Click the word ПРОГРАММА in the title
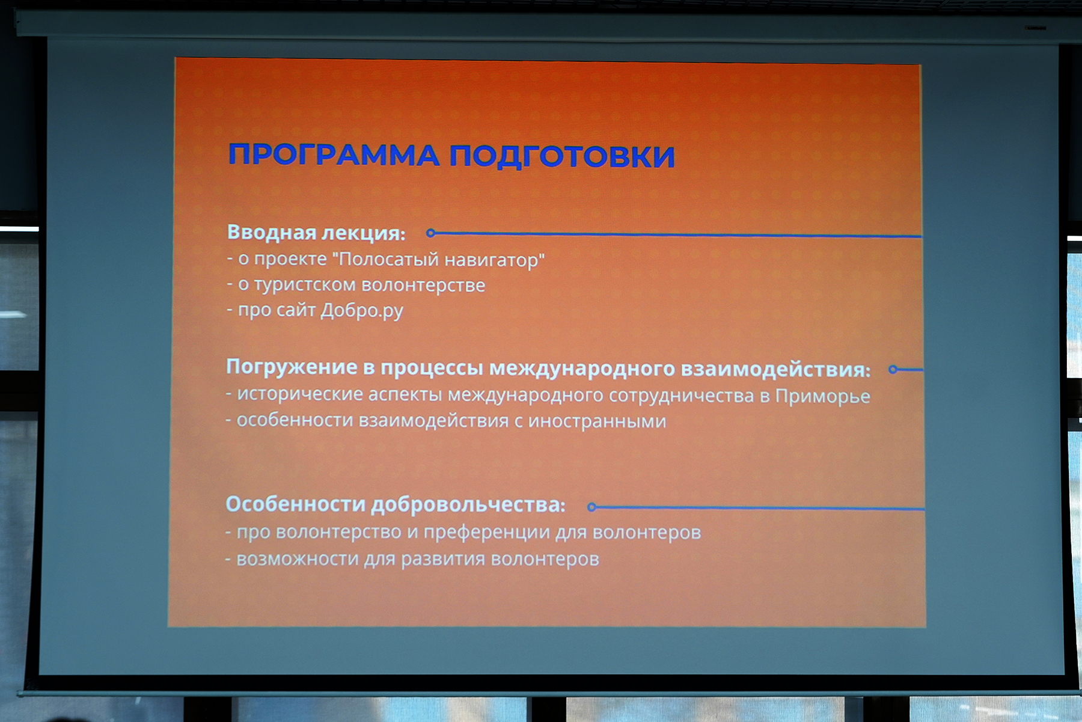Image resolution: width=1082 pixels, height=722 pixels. click(x=334, y=155)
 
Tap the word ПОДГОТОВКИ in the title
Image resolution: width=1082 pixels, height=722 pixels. click(x=562, y=156)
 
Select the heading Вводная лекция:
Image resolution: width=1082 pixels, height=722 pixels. click(x=316, y=233)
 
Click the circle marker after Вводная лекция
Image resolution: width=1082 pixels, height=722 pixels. click(x=430, y=233)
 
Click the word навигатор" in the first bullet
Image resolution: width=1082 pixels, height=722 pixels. click(x=495, y=260)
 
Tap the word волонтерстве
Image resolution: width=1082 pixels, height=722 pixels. click(x=423, y=285)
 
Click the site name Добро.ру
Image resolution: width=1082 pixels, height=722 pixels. click(x=362, y=310)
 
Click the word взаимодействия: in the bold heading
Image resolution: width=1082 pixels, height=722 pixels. click(x=775, y=369)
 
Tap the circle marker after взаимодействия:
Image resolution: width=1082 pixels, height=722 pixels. click(x=893, y=369)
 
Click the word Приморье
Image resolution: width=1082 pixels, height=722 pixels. click(x=822, y=396)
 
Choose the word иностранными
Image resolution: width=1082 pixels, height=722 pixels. click(x=597, y=421)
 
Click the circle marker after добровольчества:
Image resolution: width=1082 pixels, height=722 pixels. click(x=591, y=507)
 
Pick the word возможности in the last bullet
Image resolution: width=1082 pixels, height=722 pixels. click(x=298, y=559)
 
